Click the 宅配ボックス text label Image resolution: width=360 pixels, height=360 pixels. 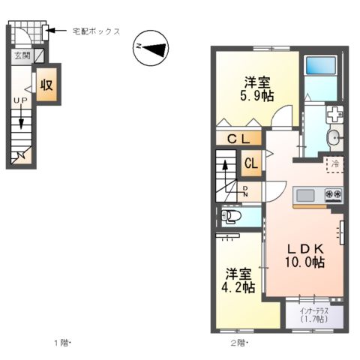point(96,31)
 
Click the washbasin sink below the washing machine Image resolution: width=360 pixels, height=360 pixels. point(334,137)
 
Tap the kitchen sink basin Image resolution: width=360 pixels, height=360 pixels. point(306,196)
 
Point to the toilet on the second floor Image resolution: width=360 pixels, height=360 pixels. point(232,217)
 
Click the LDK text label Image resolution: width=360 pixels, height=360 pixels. point(304,248)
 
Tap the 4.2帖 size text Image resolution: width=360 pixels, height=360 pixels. point(238,286)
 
